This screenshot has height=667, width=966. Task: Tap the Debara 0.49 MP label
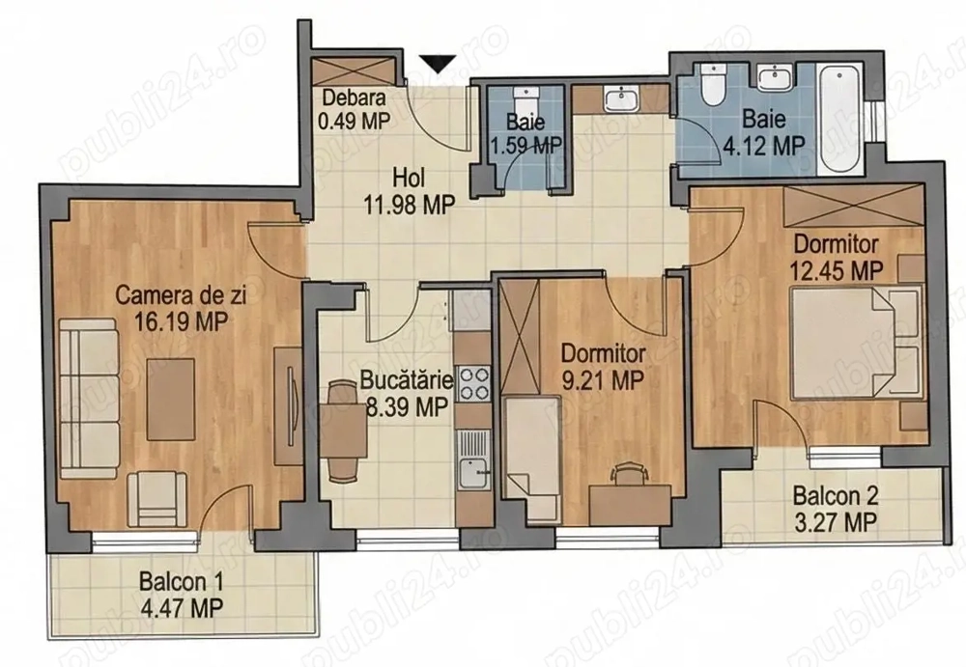pyautogui.click(x=355, y=107)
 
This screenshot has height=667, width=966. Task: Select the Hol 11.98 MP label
pyautogui.click(x=410, y=190)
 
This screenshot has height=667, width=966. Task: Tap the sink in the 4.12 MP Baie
pyautogui.click(x=774, y=77)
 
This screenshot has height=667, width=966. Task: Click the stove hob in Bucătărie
pyautogui.click(x=473, y=383)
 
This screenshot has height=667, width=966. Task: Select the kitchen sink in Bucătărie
pyautogui.click(x=472, y=471)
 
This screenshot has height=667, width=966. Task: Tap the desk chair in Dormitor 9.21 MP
pyautogui.click(x=628, y=471)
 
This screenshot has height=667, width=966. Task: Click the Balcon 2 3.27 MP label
pyautogui.click(x=836, y=509)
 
